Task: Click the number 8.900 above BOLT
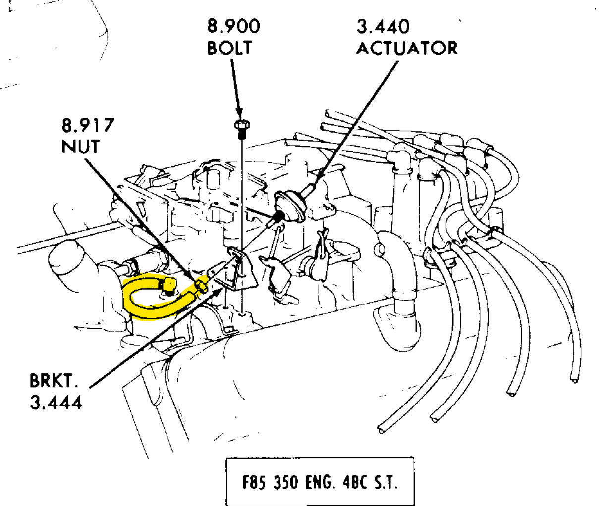pyautogui.click(x=233, y=26)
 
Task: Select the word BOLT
pyautogui.click(x=229, y=48)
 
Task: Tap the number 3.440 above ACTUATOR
pyautogui.click(x=383, y=26)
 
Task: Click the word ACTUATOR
pyautogui.click(x=407, y=49)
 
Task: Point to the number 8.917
pyautogui.click(x=88, y=125)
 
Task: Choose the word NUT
pyautogui.click(x=80, y=147)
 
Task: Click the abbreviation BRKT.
pyautogui.click(x=54, y=381)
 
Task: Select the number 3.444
pyautogui.click(x=56, y=402)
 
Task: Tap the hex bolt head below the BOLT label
pyautogui.click(x=242, y=125)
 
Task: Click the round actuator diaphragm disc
pyautogui.click(x=290, y=206)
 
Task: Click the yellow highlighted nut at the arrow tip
pyautogui.click(x=201, y=285)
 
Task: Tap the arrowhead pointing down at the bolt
pyautogui.click(x=239, y=113)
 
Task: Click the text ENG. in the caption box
pyautogui.click(x=321, y=482)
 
